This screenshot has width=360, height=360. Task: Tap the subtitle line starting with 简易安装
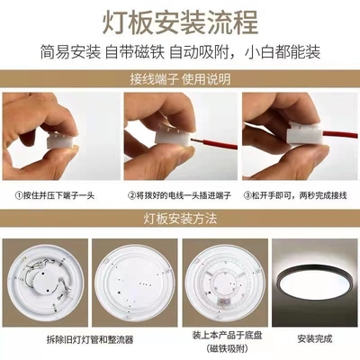[x=180, y=49]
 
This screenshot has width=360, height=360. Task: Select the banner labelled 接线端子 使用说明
[x=180, y=78]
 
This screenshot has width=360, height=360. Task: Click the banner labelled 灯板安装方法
[x=180, y=217]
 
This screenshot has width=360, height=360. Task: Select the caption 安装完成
[x=315, y=340]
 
